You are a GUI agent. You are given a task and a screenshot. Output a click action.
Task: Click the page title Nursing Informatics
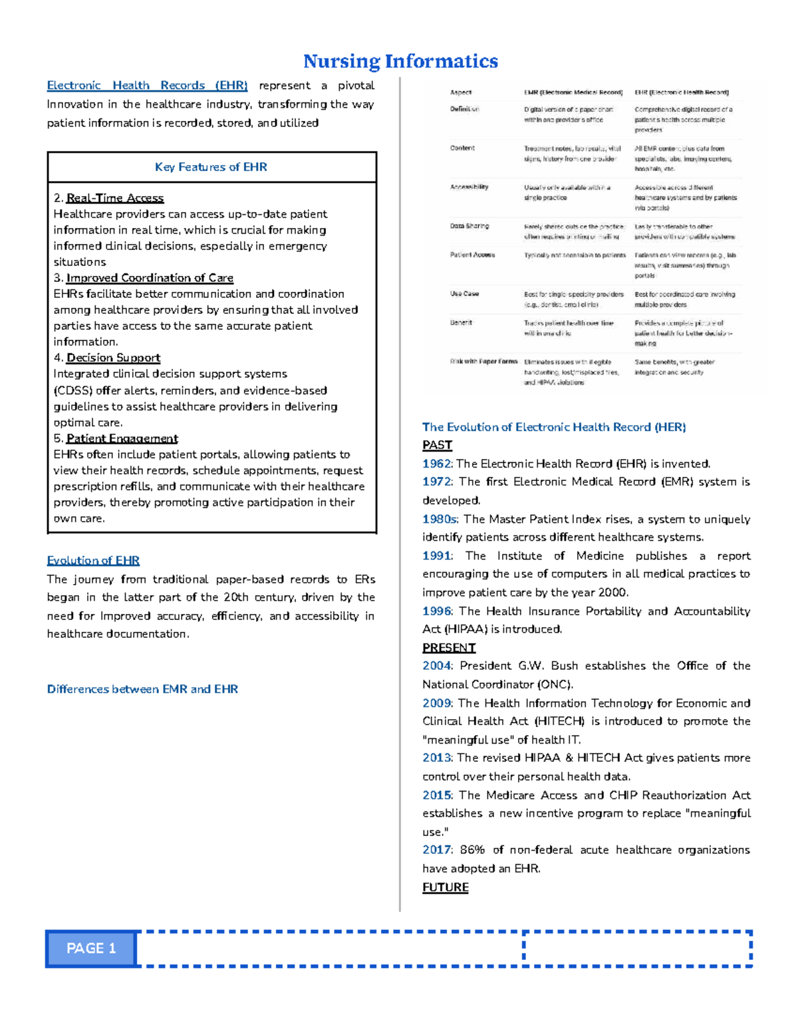(x=400, y=61)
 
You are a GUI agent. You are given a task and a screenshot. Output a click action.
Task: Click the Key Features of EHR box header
(x=211, y=167)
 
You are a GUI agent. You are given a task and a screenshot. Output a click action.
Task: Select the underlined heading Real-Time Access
(x=114, y=198)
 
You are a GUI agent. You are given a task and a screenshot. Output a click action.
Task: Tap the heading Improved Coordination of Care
(x=150, y=278)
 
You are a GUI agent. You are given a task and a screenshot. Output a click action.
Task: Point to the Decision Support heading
(x=113, y=358)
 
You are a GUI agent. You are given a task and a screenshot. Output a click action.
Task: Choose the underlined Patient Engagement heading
(x=122, y=438)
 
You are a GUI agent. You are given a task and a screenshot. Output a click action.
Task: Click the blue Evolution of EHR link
(x=93, y=560)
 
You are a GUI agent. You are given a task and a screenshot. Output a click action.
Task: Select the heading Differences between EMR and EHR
(x=142, y=689)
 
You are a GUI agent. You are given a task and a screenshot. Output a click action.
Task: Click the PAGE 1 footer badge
(x=91, y=948)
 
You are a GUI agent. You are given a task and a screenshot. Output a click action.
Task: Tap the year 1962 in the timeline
(x=436, y=464)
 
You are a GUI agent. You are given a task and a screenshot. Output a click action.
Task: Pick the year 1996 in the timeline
(x=436, y=611)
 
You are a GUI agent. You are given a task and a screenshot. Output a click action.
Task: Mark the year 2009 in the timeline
(x=436, y=703)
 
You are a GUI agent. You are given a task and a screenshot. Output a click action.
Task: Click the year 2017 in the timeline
(x=436, y=849)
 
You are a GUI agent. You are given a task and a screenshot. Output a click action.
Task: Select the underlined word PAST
(x=437, y=445)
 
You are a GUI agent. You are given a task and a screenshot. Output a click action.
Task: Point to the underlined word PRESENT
(x=449, y=647)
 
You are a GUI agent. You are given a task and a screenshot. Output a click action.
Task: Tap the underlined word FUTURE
(x=446, y=887)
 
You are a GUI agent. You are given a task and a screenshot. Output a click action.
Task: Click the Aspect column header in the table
(x=461, y=92)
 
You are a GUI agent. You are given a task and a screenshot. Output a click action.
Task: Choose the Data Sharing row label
(x=469, y=226)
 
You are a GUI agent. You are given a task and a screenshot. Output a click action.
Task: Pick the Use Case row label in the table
(x=464, y=293)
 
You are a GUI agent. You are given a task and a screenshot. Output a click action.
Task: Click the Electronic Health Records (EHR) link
(x=147, y=85)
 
